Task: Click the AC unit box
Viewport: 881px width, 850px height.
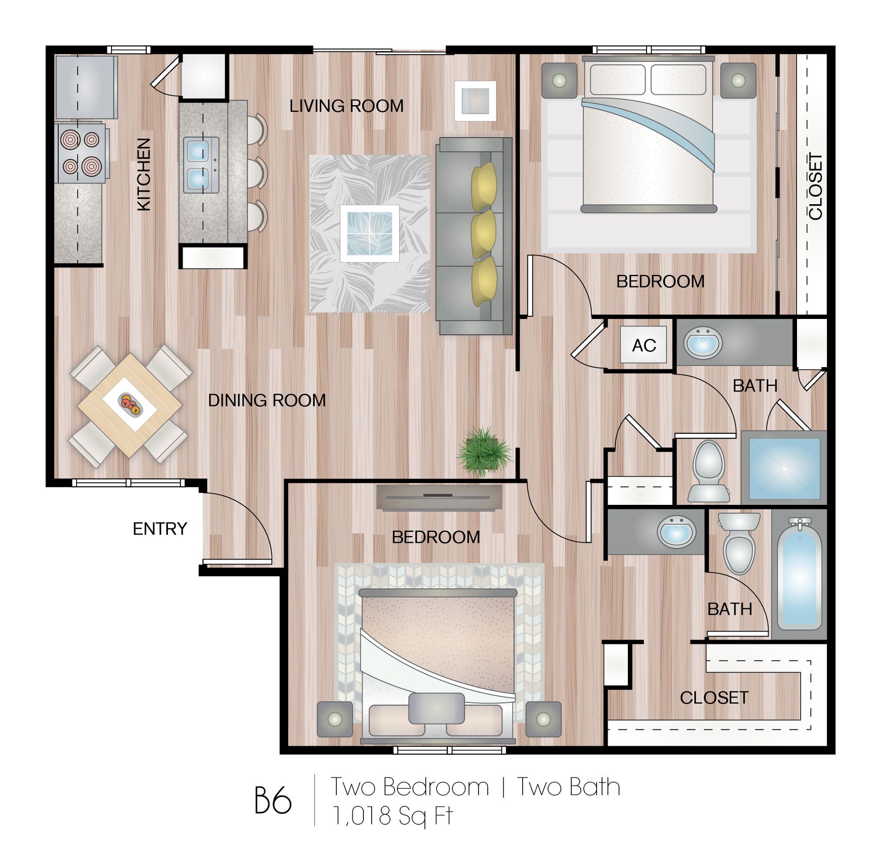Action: [x=643, y=345]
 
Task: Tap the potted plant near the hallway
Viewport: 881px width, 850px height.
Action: [x=483, y=452]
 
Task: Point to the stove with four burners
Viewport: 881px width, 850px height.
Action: [x=81, y=153]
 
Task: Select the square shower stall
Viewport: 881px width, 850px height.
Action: [x=784, y=468]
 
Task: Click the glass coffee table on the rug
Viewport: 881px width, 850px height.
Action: [x=369, y=233]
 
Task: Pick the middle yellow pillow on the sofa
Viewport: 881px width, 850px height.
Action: [x=484, y=233]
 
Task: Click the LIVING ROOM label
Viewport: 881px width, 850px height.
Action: [x=346, y=106]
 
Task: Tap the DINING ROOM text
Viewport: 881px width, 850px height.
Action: [x=267, y=400]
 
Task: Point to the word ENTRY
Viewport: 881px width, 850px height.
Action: [x=160, y=529]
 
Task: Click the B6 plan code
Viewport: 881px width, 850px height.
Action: [x=273, y=801]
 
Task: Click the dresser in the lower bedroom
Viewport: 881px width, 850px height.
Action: [x=439, y=497]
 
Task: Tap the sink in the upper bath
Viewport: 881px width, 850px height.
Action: [x=703, y=342]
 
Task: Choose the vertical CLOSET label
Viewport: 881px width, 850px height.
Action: [x=815, y=186]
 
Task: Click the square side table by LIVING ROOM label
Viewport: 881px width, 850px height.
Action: [x=475, y=101]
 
